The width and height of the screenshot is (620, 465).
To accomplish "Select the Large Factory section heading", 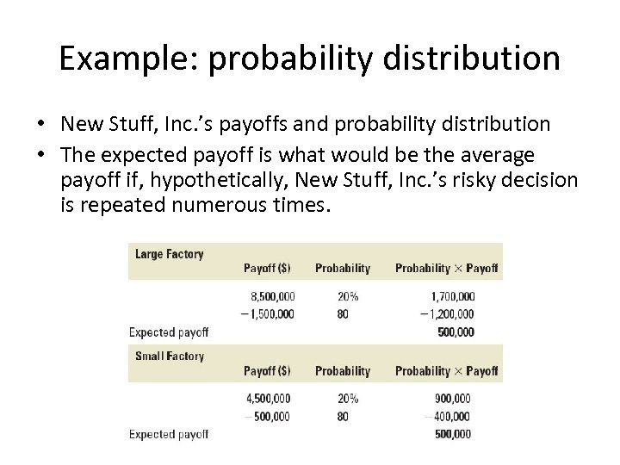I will coord(169,254).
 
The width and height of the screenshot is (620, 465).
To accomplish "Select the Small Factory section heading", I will coord(170,356).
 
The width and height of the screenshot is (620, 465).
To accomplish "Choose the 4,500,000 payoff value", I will coord(268,400).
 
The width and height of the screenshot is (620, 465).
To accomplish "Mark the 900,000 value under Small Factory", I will coord(451,400).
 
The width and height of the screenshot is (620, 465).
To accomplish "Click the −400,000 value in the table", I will coord(448,417).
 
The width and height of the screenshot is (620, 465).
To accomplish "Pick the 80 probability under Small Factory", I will coord(343,417).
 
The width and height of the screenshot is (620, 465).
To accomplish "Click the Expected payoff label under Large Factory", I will coord(169,332).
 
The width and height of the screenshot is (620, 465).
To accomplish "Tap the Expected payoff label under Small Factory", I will coord(169,435).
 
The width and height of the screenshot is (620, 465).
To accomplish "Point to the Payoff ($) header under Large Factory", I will coord(267,269).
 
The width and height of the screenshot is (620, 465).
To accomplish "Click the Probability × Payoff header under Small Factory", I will coord(446,371).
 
